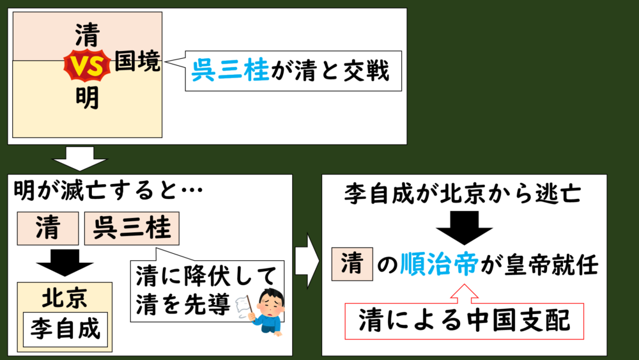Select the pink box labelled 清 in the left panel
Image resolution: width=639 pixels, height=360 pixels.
pos(48,228)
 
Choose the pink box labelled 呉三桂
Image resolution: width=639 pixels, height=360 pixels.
pos(132,228)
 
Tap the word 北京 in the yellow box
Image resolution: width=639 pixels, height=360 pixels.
pos(65,297)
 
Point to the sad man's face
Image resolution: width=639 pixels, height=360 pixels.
pos(272,299)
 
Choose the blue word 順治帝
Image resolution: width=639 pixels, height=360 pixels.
pos(438,265)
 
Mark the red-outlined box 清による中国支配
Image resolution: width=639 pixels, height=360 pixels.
pos(464,320)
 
